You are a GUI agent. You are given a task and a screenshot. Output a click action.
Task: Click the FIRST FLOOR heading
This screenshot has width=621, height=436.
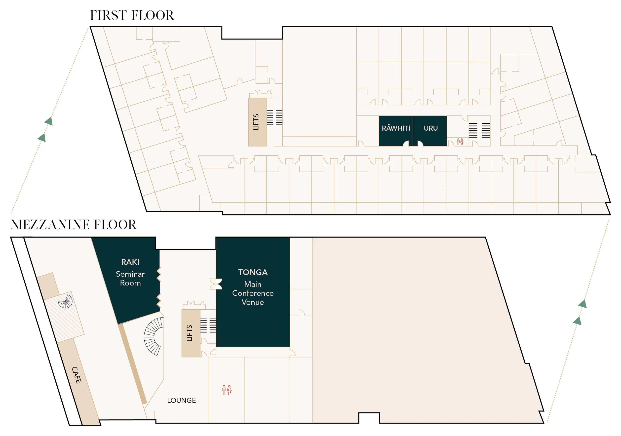click(132, 15)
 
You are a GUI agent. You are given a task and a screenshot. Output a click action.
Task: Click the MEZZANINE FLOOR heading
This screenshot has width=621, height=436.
click(73, 225)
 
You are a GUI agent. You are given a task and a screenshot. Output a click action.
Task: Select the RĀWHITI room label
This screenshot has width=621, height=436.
click(396, 128)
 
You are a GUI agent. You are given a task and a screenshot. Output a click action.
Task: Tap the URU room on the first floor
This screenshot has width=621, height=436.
click(430, 128)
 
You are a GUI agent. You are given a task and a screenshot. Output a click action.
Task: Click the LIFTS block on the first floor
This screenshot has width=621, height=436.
click(257, 122)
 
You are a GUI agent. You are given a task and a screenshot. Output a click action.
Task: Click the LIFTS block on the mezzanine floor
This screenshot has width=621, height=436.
click(191, 333)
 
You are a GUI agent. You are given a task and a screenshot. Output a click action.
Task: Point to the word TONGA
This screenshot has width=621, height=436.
click(253, 272)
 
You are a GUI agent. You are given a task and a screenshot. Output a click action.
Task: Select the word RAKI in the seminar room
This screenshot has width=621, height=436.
click(130, 262)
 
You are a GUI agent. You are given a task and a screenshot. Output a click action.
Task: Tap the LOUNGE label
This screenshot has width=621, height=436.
click(181, 400)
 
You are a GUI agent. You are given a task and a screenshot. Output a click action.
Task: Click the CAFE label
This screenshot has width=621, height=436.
click(77, 375)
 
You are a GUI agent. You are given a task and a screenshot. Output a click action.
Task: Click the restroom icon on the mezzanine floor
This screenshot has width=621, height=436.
click(226, 390)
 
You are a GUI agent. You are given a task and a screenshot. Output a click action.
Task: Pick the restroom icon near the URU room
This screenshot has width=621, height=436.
click(460, 141)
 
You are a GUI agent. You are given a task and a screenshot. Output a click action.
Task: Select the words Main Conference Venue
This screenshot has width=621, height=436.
click(253, 293)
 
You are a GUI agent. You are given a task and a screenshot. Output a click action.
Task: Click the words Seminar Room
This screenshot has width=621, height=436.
click(130, 278)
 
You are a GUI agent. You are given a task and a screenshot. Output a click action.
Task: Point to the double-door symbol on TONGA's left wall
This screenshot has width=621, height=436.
click(216, 284)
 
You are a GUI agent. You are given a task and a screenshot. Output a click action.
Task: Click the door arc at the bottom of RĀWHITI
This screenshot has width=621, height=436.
click(406, 144)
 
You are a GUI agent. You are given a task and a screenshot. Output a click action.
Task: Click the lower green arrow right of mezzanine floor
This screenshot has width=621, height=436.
click(577, 321)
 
